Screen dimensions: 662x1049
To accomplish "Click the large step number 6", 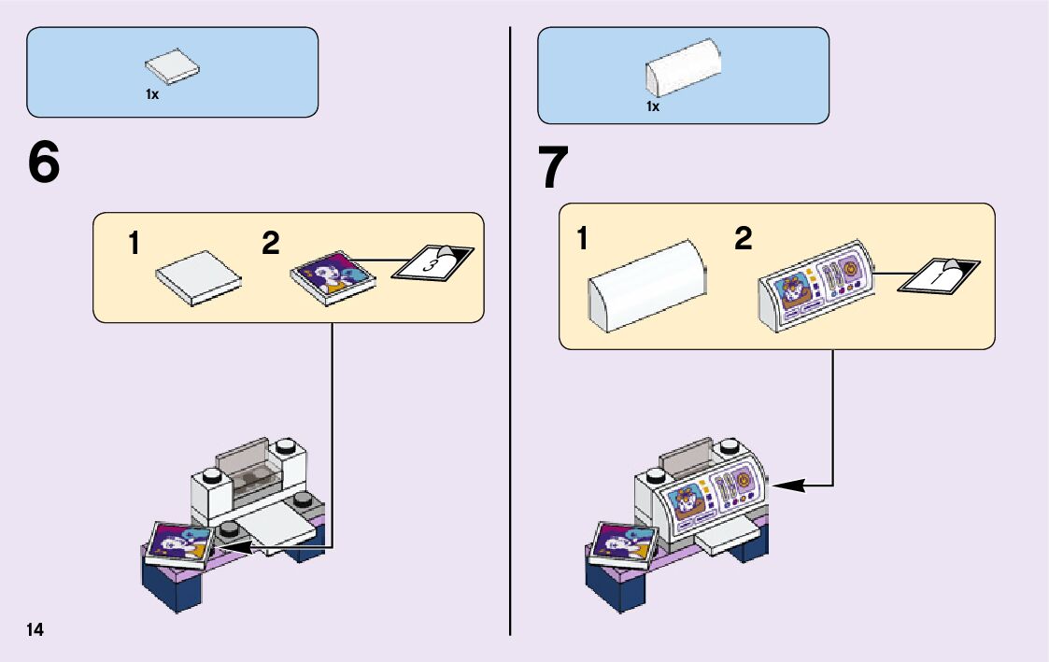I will (44, 164).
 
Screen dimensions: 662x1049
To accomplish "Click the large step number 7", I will (554, 168).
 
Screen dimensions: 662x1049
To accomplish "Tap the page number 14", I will (35, 629).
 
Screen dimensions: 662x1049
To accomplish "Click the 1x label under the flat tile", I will (152, 94).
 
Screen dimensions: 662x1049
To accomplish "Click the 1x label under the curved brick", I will (653, 107).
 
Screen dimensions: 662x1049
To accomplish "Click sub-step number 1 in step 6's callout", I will (135, 245).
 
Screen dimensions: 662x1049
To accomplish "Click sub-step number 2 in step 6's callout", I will (270, 244).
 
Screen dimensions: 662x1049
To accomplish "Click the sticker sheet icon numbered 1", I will (939, 275).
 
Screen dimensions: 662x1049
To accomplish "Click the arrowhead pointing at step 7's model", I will (781, 485).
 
